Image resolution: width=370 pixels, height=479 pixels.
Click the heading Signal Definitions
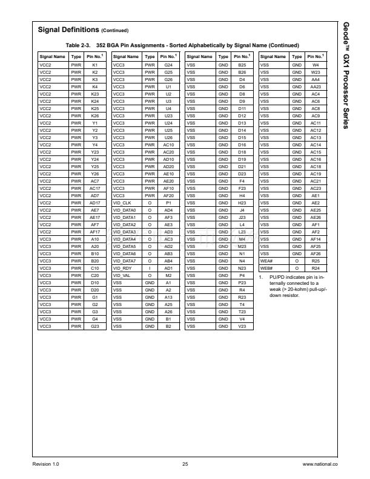(x=68, y=30)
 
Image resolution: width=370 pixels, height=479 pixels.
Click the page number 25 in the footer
(x=185, y=464)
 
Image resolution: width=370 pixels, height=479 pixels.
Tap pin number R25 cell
(x=315, y=261)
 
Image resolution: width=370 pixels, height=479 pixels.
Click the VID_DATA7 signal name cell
(x=125, y=261)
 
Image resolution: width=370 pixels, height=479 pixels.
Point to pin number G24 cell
(x=169, y=64)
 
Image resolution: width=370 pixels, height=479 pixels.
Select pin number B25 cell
(x=242, y=64)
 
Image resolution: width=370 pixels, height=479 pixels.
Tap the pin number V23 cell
(x=242, y=327)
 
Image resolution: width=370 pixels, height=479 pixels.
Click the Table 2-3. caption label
(x=79, y=45)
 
